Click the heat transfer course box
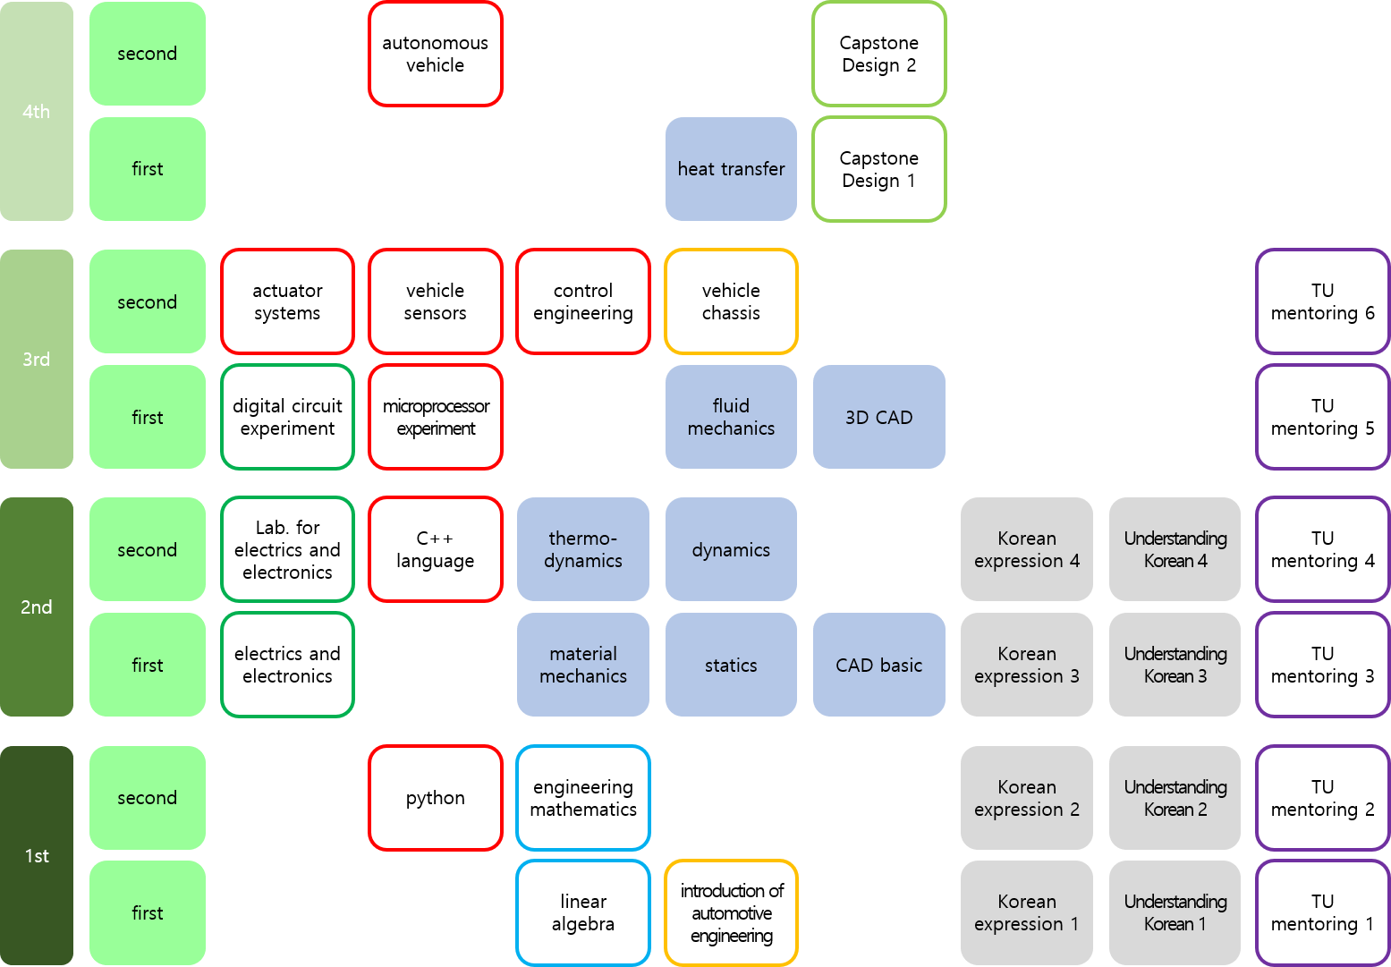coord(731,169)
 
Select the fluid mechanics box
coord(731,417)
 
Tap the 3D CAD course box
coord(878,417)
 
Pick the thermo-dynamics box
coord(582,549)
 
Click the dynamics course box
coord(731,549)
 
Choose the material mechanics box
coord(582,665)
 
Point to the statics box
coord(731,665)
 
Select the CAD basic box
coord(878,665)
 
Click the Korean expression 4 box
coord(1026,549)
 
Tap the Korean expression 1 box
coord(1026,912)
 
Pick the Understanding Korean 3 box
coord(1175,665)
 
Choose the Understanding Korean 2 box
coord(1175,798)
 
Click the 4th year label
coord(37,112)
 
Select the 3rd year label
coord(37,360)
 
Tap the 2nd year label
coord(37,607)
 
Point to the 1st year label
coord(37,856)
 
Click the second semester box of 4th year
coord(148,54)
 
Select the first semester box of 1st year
coord(148,912)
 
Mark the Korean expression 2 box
coord(1026,798)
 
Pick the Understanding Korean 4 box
coord(1175,549)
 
